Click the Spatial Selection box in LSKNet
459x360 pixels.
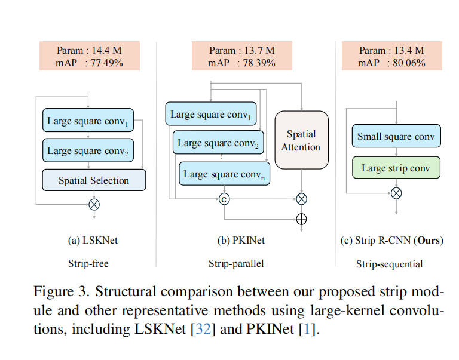tap(94, 180)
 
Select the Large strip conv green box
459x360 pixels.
tap(396, 168)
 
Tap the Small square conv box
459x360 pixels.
tap(396, 136)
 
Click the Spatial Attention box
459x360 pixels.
tap(301, 140)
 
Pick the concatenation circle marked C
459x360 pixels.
tap(224, 199)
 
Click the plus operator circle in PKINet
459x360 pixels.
tap(301, 219)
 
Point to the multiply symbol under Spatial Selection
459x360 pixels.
tap(94, 204)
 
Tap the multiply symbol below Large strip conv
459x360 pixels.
tap(396, 193)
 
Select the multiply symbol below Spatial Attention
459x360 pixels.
tap(301, 199)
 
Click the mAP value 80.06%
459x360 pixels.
tap(409, 63)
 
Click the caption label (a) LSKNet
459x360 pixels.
tap(93, 241)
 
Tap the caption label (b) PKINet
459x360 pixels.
tap(241, 241)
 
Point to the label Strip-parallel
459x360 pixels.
tap(236, 263)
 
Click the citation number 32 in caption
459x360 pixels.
tap(203, 329)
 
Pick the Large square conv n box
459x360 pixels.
tap(225, 174)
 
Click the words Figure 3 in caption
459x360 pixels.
tap(61, 291)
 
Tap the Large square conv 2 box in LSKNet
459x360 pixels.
tap(88, 150)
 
